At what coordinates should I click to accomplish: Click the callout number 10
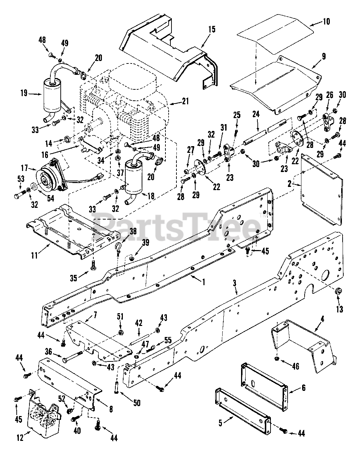click(x=326, y=22)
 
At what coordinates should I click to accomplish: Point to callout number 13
click(x=339, y=309)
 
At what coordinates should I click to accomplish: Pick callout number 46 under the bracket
click(x=295, y=366)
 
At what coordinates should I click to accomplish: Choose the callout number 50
click(x=137, y=403)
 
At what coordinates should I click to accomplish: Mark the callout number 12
click(x=20, y=438)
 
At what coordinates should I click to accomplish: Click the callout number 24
click(x=256, y=114)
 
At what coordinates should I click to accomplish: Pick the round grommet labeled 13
click(x=338, y=292)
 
